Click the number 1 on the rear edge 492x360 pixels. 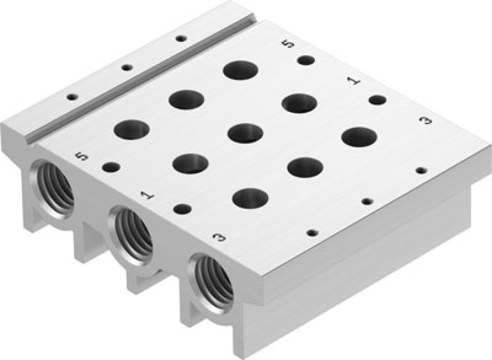tap(356, 81)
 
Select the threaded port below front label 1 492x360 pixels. tap(133, 230)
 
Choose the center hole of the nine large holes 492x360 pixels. tap(245, 133)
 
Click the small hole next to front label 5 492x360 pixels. tap(111, 168)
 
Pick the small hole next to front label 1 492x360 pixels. tap(182, 209)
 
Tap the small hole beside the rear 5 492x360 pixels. tap(306, 60)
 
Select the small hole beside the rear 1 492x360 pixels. tap(377, 100)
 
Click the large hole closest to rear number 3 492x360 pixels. tap(359, 137)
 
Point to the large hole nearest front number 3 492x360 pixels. tap(250, 198)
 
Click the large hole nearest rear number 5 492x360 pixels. tap(241, 70)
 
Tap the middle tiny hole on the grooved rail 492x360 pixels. tap(126, 68)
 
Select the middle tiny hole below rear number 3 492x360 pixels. tap(367, 201)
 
